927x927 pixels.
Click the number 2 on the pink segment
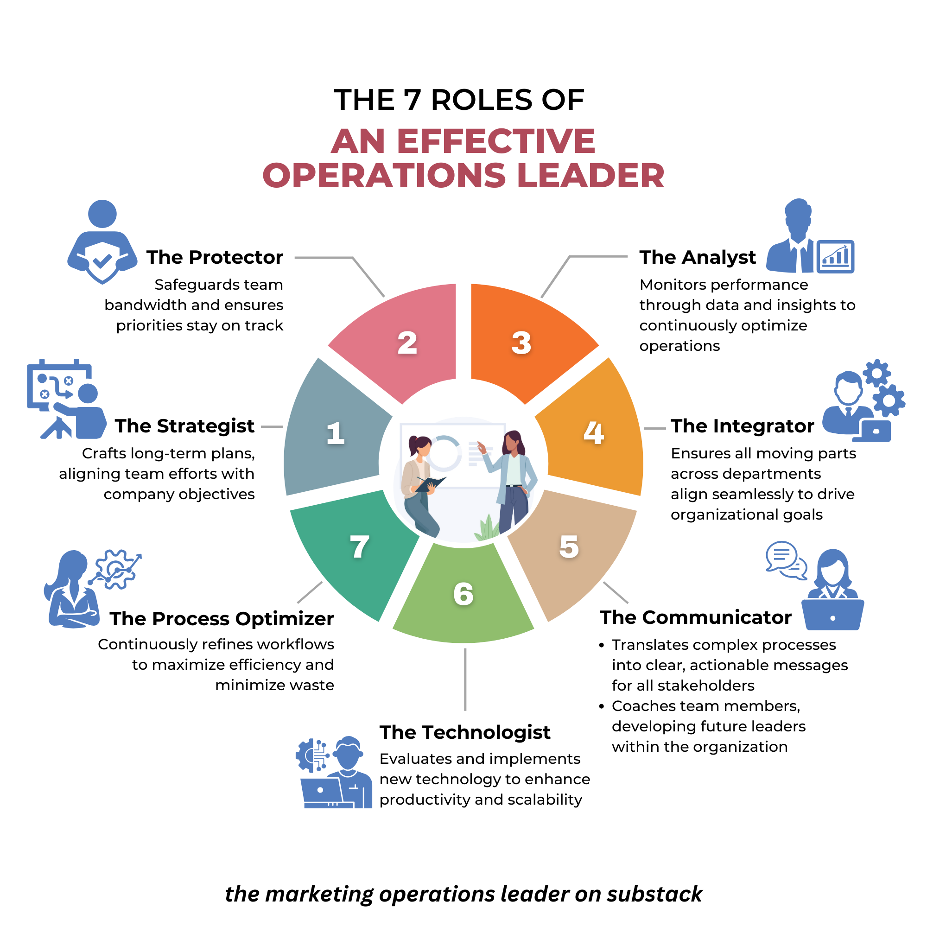pos(407,343)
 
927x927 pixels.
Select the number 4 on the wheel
pos(594,433)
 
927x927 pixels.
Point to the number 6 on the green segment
pos(463,594)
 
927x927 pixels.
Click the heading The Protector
pos(215,257)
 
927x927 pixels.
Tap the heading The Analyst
pos(697,257)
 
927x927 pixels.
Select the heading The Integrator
pos(742,425)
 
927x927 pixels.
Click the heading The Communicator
pos(695,617)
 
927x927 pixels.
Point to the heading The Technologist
pos(464,732)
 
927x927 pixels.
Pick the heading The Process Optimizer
pos(221,618)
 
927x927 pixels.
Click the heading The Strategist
pos(184,425)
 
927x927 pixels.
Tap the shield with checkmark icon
pos(102,261)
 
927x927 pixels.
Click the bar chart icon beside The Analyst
pos(835,257)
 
